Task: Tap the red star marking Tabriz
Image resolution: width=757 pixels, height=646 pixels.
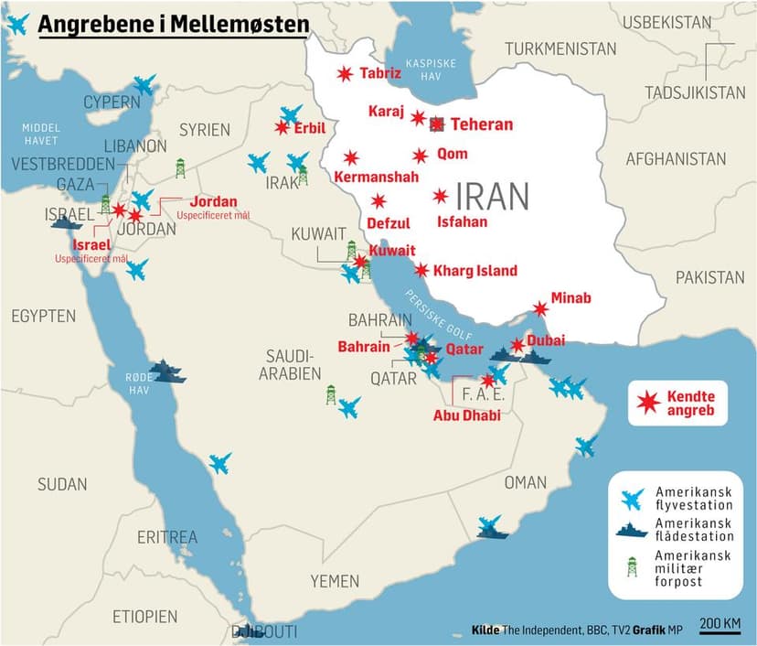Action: [x=345, y=74]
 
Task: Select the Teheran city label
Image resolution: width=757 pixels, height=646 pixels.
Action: [x=482, y=124]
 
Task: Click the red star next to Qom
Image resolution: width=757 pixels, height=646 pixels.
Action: [x=420, y=156]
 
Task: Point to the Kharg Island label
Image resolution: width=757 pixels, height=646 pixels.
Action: [x=475, y=270]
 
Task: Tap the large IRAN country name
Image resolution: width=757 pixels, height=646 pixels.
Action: [x=492, y=196]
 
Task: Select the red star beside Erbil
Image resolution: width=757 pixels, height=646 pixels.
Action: [x=282, y=128]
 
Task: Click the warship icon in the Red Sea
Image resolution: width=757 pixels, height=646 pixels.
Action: [x=167, y=371]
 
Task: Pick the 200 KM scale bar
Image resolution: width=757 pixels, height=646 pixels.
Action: [x=720, y=626]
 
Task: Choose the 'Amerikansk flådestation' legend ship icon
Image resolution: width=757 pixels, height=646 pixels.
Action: [x=631, y=530]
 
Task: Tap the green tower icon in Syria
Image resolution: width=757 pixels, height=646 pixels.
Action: [x=180, y=167]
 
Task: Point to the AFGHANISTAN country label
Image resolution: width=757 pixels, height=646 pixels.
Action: [x=676, y=158]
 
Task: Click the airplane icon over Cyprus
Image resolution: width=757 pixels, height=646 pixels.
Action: [x=144, y=85]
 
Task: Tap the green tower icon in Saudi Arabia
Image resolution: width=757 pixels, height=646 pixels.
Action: [x=331, y=394]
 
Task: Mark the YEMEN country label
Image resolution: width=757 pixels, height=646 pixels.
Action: [x=335, y=580]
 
